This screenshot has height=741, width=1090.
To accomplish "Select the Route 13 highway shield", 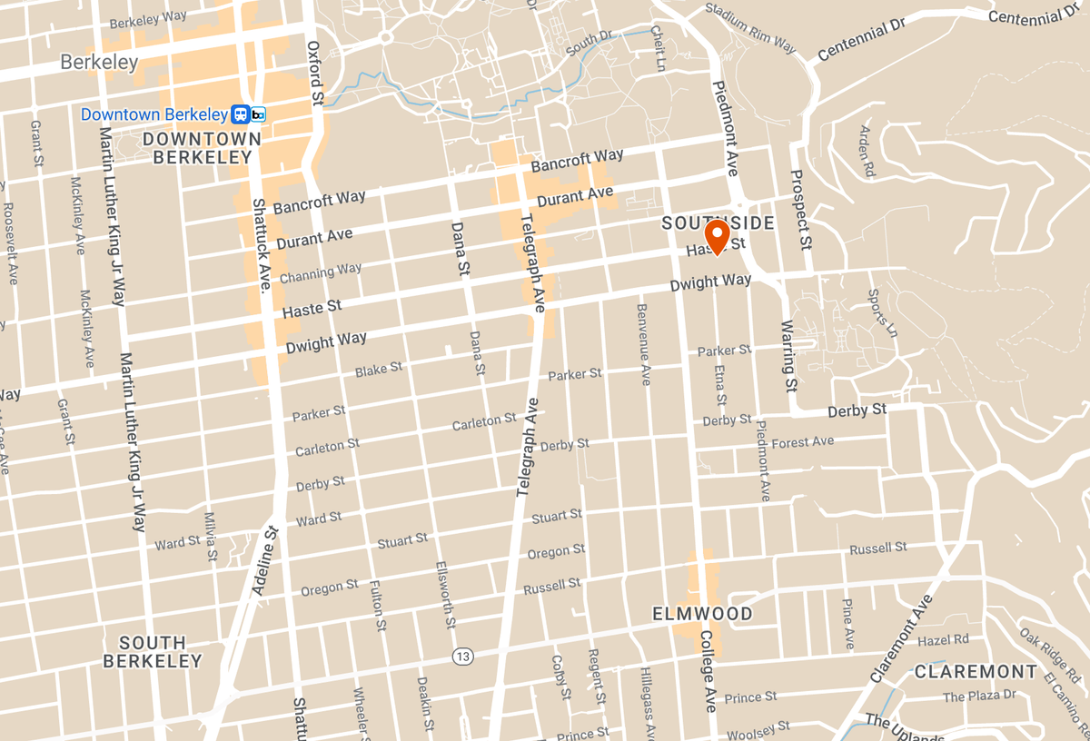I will pyautogui.click(x=463, y=656).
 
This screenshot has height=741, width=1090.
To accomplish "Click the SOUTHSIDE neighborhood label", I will pyautogui.click(x=718, y=223).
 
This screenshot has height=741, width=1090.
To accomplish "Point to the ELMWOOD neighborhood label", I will pyautogui.click(x=703, y=615).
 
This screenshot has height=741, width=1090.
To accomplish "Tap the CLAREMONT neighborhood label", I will pyautogui.click(x=976, y=672).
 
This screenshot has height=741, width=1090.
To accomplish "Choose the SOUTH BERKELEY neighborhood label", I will pyautogui.click(x=152, y=652).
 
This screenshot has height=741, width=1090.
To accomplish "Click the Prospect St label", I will pyautogui.click(x=800, y=210).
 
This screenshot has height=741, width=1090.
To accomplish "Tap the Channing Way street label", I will pyautogui.click(x=321, y=272).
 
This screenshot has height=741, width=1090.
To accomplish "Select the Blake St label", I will pyautogui.click(x=379, y=370).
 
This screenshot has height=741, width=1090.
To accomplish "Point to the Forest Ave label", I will pyautogui.click(x=802, y=442).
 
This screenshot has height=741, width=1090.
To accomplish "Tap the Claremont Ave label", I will pyautogui.click(x=901, y=639).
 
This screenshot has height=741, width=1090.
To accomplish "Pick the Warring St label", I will pyautogui.click(x=788, y=356).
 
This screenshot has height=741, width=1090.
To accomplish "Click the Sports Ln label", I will pyautogui.click(x=882, y=313).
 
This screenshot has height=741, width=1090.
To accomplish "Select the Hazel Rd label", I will pyautogui.click(x=944, y=640).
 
